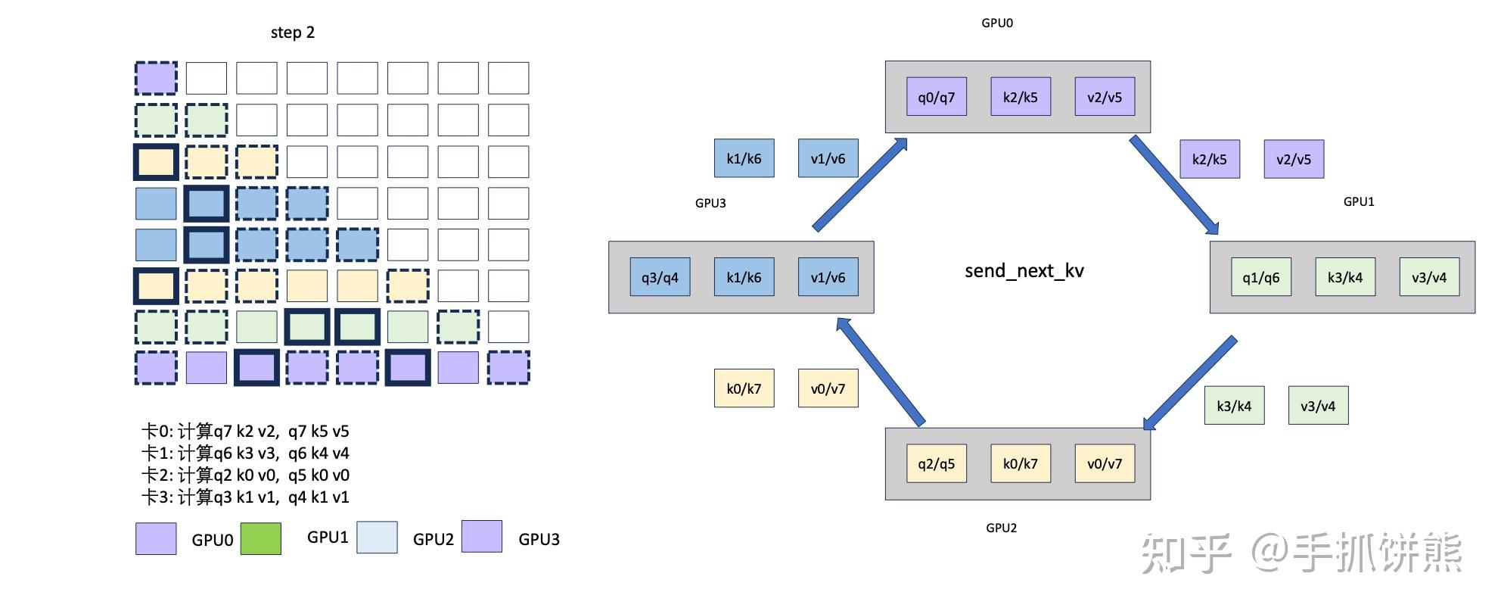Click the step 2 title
point(292,33)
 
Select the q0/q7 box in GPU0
point(936,97)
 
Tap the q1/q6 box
point(1260,277)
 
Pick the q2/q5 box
point(936,463)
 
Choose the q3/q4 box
point(660,277)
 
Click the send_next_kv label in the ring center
point(1024,271)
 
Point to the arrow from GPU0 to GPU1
point(1173,185)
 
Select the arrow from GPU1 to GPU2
point(1189,383)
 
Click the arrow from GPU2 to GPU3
point(881,372)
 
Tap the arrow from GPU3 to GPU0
point(860,184)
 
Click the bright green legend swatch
point(261,538)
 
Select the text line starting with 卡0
point(245,432)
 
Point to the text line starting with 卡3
point(245,497)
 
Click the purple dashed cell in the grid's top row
point(156,78)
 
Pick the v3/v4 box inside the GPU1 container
point(1428,277)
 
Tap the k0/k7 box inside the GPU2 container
point(1020,463)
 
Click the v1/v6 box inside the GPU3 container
point(828,277)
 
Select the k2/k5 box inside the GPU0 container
point(1020,97)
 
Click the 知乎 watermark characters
point(1186,553)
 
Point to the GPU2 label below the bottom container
point(1001,528)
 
